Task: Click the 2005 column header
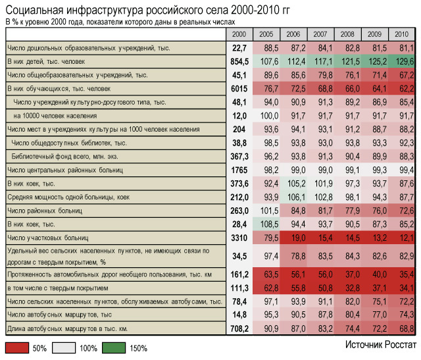click(x=266, y=34)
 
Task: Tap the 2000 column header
click(x=239, y=34)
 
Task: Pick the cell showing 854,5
click(x=239, y=61)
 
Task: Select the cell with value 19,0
click(x=293, y=237)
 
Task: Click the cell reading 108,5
click(x=266, y=224)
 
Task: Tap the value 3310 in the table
click(x=239, y=237)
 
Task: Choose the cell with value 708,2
click(x=239, y=328)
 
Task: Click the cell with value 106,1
click(x=293, y=197)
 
